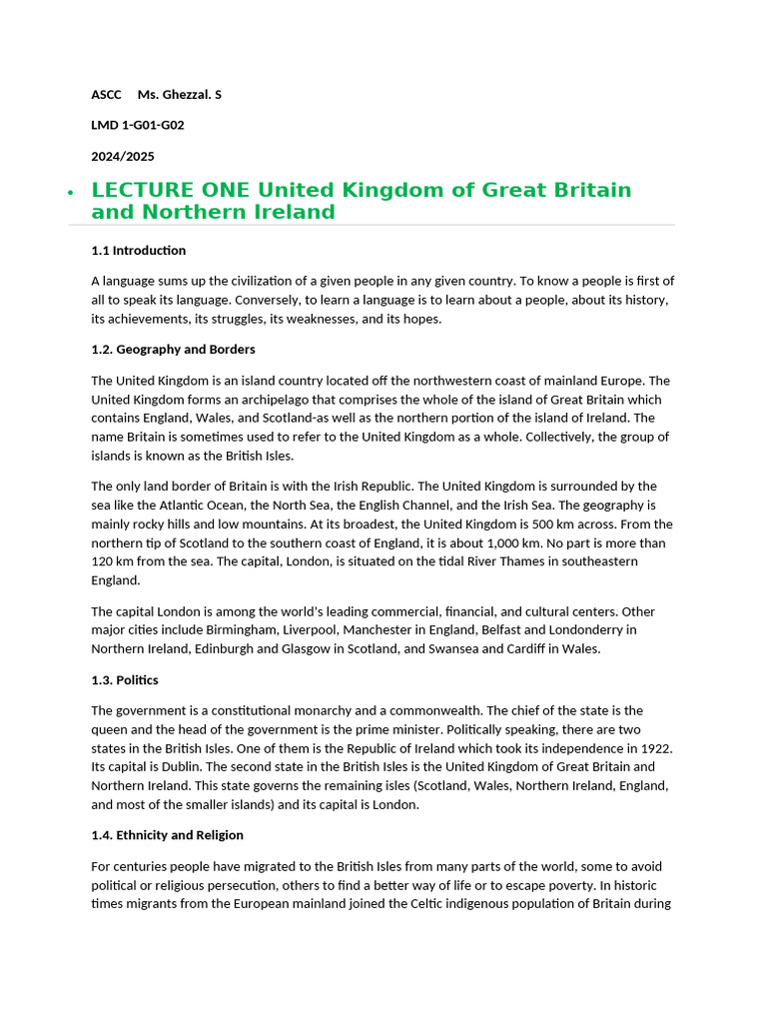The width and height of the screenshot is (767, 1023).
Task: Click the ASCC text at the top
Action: [106, 95]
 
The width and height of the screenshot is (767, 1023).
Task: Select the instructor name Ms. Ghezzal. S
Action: [180, 95]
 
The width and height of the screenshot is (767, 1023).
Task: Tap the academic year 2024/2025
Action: [123, 157]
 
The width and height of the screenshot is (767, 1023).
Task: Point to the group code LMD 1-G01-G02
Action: [138, 126]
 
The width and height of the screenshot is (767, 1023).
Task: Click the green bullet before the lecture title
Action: [69, 193]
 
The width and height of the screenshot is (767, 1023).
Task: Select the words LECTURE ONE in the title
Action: [171, 190]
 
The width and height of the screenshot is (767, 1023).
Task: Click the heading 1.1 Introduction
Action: [138, 251]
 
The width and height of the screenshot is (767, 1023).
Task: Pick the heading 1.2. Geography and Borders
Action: [173, 350]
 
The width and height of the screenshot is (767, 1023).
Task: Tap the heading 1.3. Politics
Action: [125, 680]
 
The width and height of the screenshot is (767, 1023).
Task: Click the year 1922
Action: [656, 748]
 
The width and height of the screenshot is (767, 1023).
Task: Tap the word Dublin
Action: [169, 767]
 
